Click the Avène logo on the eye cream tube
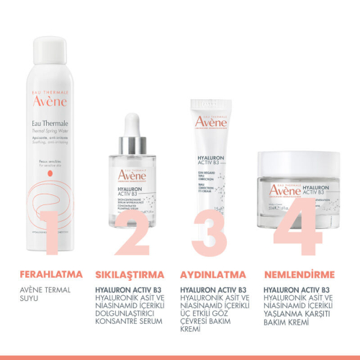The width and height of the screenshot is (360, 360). click(211, 122)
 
